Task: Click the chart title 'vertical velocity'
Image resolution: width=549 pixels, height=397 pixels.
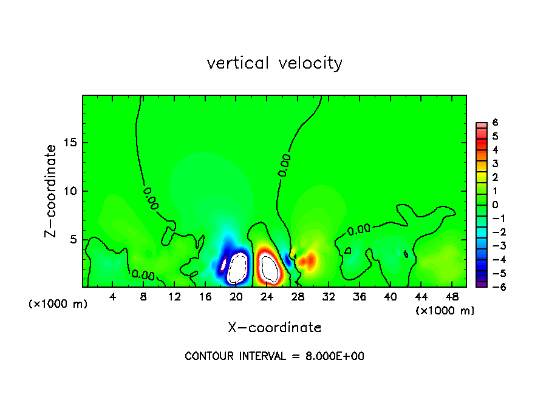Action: tap(274, 63)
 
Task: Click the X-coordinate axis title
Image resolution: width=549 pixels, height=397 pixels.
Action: tap(274, 328)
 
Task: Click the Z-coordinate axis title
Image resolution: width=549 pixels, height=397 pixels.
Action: tap(51, 191)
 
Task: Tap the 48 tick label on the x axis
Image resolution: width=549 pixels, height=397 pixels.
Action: tap(451, 296)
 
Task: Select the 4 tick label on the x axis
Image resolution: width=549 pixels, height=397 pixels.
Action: tap(113, 296)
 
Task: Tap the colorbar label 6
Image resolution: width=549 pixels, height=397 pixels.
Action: tap(495, 123)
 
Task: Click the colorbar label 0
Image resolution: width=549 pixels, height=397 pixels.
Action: tap(495, 205)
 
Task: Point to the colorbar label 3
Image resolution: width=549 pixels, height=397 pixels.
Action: tap(495, 163)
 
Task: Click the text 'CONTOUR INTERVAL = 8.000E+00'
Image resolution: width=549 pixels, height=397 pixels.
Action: tap(274, 356)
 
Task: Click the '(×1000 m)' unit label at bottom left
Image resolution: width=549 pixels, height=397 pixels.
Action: tap(58, 304)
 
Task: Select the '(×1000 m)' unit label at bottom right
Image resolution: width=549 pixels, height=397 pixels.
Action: tap(445, 311)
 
